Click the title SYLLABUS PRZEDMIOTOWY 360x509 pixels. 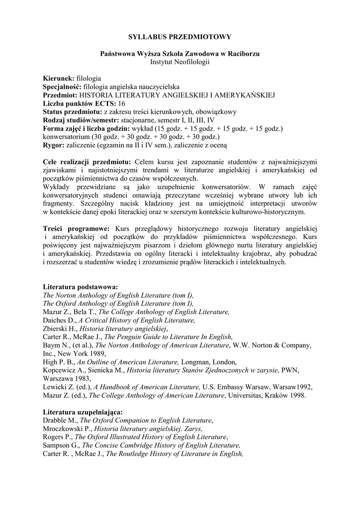[x=180, y=37]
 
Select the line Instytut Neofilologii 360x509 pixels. [x=180, y=62]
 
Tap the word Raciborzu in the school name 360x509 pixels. [x=243, y=53]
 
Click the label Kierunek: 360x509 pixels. [x=59, y=79]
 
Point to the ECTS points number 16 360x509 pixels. [x=122, y=103]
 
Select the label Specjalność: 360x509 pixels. [x=63, y=87]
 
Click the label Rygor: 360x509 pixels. [x=54, y=145]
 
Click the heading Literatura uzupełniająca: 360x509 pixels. [x=83, y=412]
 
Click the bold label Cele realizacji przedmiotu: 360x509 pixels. [x=88, y=162]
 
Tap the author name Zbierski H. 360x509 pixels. [x=60, y=329]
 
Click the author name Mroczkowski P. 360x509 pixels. [x=67, y=428]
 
